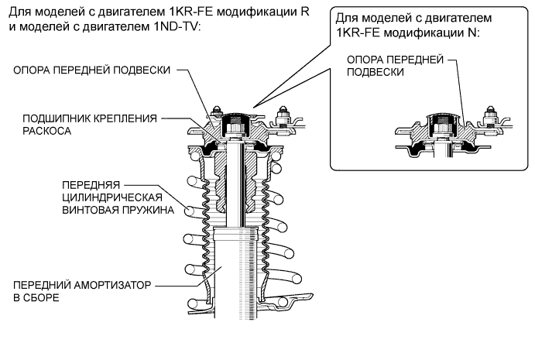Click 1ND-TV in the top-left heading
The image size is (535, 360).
click(177, 26)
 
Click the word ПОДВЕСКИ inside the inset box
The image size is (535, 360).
click(376, 71)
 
